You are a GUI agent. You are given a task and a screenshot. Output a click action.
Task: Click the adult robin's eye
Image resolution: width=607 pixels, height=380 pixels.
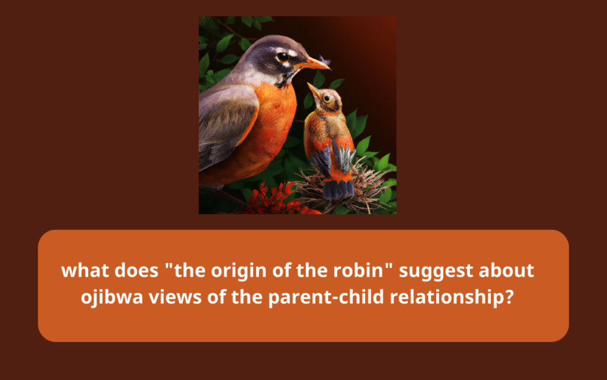pyautogui.click(x=283, y=56)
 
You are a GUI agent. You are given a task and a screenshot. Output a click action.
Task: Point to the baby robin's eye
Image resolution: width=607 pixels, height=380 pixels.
pyautogui.click(x=327, y=98)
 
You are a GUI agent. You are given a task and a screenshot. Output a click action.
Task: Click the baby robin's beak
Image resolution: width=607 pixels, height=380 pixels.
pyautogui.click(x=313, y=89)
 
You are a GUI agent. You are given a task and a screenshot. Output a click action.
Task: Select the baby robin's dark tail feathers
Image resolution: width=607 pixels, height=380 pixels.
pyautogui.click(x=338, y=189)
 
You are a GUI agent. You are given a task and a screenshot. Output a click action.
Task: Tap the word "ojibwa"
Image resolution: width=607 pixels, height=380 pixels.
pyautogui.click(x=112, y=297)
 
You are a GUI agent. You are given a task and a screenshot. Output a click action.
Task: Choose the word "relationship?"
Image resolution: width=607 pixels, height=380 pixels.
pyautogui.click(x=452, y=297)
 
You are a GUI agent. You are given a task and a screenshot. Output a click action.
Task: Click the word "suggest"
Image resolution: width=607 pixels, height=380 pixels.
pyautogui.click(x=436, y=271)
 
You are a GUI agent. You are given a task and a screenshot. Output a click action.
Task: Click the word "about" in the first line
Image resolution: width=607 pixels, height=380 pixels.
pyautogui.click(x=506, y=270)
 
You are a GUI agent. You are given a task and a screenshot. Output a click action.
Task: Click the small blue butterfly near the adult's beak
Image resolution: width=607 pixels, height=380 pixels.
pyautogui.click(x=325, y=60)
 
